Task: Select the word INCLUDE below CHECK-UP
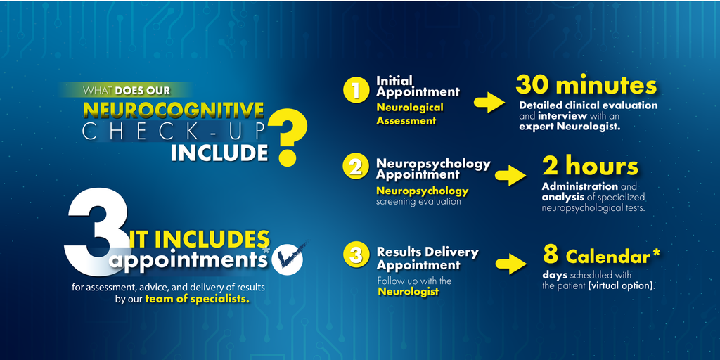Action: coord(219,152)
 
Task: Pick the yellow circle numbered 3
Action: coord(356,256)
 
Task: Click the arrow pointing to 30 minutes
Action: coord(489,103)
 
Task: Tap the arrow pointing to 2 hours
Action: coord(510,175)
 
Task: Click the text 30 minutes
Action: coord(586,85)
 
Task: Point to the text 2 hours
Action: coord(590,166)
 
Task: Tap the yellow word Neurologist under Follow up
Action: coord(408,291)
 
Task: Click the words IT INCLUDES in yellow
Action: coord(199,239)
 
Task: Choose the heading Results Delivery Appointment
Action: coord(427,259)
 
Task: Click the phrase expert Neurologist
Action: coord(570,127)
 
